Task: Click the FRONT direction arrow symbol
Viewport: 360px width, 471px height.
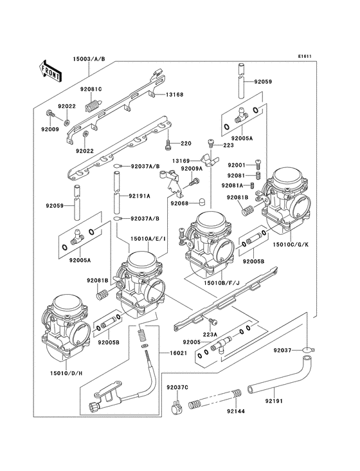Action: (x=51, y=70)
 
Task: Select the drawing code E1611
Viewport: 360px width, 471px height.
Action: (x=305, y=56)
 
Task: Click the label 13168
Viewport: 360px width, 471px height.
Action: (x=174, y=94)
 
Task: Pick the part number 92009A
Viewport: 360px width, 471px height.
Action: (x=192, y=169)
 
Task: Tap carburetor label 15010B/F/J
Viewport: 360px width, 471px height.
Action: (x=222, y=282)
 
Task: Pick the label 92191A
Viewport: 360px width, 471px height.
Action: (x=139, y=196)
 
